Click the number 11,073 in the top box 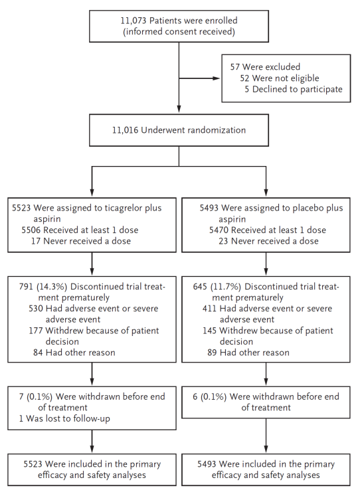click(x=134, y=21)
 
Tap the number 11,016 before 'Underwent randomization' click(x=125, y=130)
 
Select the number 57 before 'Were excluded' click(x=235, y=67)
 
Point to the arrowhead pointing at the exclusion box click(x=217, y=78)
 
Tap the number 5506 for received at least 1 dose click(x=31, y=230)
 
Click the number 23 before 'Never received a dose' click(x=223, y=241)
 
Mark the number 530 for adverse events click(x=36, y=309)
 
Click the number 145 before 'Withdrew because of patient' click(x=210, y=331)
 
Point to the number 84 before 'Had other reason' click(x=38, y=353)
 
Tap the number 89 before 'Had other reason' click(x=212, y=353)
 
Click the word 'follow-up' click(x=91, y=419)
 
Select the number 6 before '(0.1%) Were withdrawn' click(x=195, y=396)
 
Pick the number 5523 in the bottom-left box click(x=33, y=464)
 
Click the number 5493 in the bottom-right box click(x=207, y=464)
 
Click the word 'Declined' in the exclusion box click(x=266, y=90)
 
